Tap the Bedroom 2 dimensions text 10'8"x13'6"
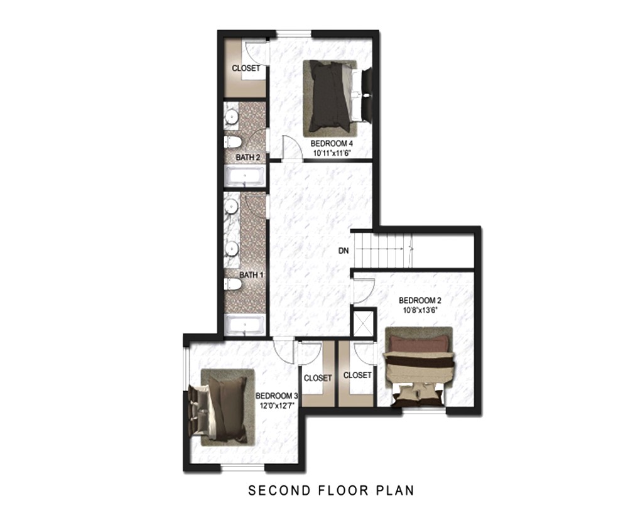[420, 310]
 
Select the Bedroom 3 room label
[277, 396]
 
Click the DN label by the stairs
[344, 251]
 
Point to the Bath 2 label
[248, 157]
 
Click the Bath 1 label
[251, 275]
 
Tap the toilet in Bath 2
[233, 142]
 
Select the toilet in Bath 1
[233, 284]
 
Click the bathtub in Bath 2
[245, 176]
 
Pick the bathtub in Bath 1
[245, 325]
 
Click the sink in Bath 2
[232, 117]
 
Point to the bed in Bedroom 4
[338, 99]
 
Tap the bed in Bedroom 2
[418, 367]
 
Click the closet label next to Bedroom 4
[246, 68]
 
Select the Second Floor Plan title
[331, 490]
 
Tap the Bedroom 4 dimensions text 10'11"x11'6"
[332, 153]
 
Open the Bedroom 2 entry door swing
[364, 291]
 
